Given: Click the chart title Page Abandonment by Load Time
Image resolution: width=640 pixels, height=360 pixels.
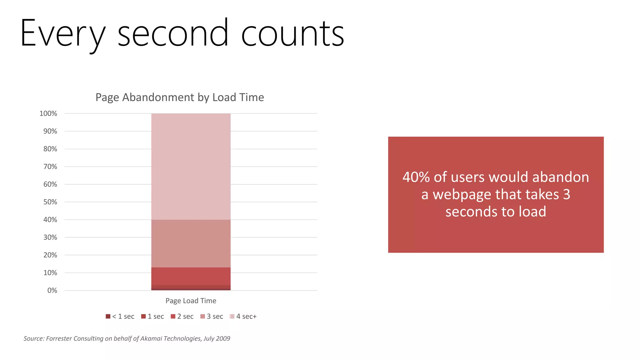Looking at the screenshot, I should click(180, 97).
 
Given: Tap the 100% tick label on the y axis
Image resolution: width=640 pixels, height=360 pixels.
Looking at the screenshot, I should click(48, 114).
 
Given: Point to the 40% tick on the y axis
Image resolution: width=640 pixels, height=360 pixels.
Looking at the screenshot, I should click(50, 220).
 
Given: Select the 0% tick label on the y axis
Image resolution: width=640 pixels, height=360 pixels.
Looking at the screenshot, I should click(52, 291).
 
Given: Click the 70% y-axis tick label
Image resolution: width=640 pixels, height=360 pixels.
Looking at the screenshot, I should click(50, 167).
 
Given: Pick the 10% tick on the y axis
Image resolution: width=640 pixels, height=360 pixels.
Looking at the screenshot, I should click(50, 273).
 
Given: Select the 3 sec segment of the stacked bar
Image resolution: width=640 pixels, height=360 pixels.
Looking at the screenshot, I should click(191, 243).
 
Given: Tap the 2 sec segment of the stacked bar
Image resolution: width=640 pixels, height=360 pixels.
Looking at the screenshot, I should click(191, 276).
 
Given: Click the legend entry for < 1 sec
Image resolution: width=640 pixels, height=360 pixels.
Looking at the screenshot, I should click(120, 317).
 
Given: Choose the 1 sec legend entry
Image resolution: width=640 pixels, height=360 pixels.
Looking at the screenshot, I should click(153, 317).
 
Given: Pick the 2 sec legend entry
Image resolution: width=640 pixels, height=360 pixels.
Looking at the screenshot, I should click(182, 317).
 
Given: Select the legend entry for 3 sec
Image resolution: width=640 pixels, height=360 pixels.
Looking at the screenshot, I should click(212, 317).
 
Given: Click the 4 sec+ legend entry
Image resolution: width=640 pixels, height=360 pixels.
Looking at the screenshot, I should click(243, 317).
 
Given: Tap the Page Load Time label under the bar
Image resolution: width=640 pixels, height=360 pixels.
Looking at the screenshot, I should click(191, 301).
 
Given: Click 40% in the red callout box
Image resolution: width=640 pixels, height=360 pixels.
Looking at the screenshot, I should click(416, 177).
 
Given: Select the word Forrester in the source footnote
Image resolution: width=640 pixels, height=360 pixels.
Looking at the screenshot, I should click(59, 338).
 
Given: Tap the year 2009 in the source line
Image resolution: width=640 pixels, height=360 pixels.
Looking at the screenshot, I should click(223, 338).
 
